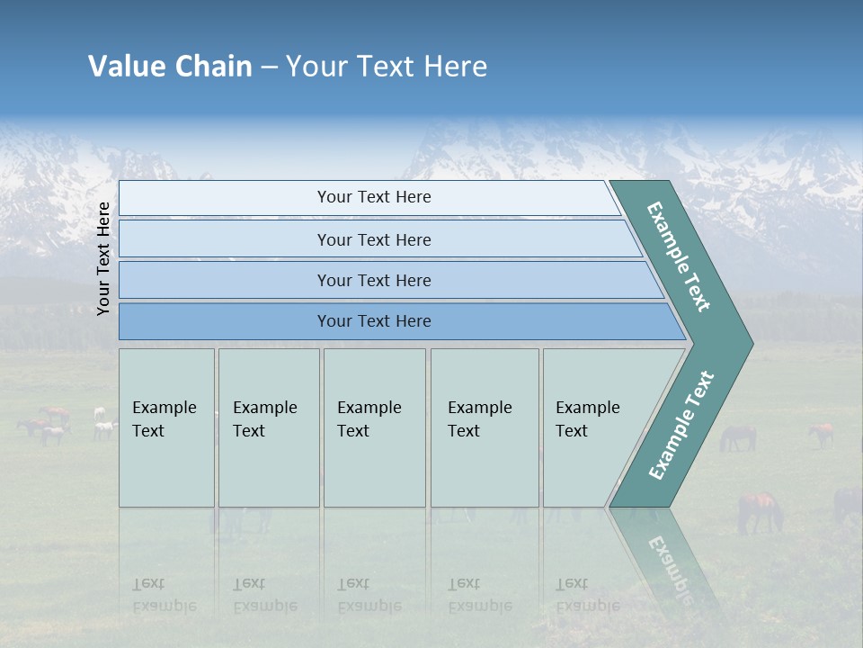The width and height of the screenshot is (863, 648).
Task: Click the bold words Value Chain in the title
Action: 170,67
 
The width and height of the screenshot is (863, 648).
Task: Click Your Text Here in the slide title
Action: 387,67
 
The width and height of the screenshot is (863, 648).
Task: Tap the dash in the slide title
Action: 269,67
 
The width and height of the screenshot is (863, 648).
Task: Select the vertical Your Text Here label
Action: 103,258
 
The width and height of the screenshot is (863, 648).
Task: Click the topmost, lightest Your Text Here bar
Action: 373,197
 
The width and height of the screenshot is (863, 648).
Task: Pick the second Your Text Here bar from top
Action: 373,239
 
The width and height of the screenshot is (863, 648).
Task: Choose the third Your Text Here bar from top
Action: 373,280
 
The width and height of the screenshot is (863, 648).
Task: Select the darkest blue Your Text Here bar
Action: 373,321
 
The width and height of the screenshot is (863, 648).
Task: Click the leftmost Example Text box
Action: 166,427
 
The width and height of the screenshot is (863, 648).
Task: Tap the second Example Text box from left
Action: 269,427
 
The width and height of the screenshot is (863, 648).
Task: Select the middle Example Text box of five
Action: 374,427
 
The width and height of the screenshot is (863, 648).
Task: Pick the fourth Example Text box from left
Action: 485,427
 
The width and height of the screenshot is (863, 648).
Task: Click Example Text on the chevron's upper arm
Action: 679,257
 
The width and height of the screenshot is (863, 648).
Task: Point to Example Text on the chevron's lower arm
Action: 681,425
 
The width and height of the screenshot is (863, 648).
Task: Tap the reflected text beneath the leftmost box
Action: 164,595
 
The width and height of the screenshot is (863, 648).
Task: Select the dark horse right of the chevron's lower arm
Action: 737,437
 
